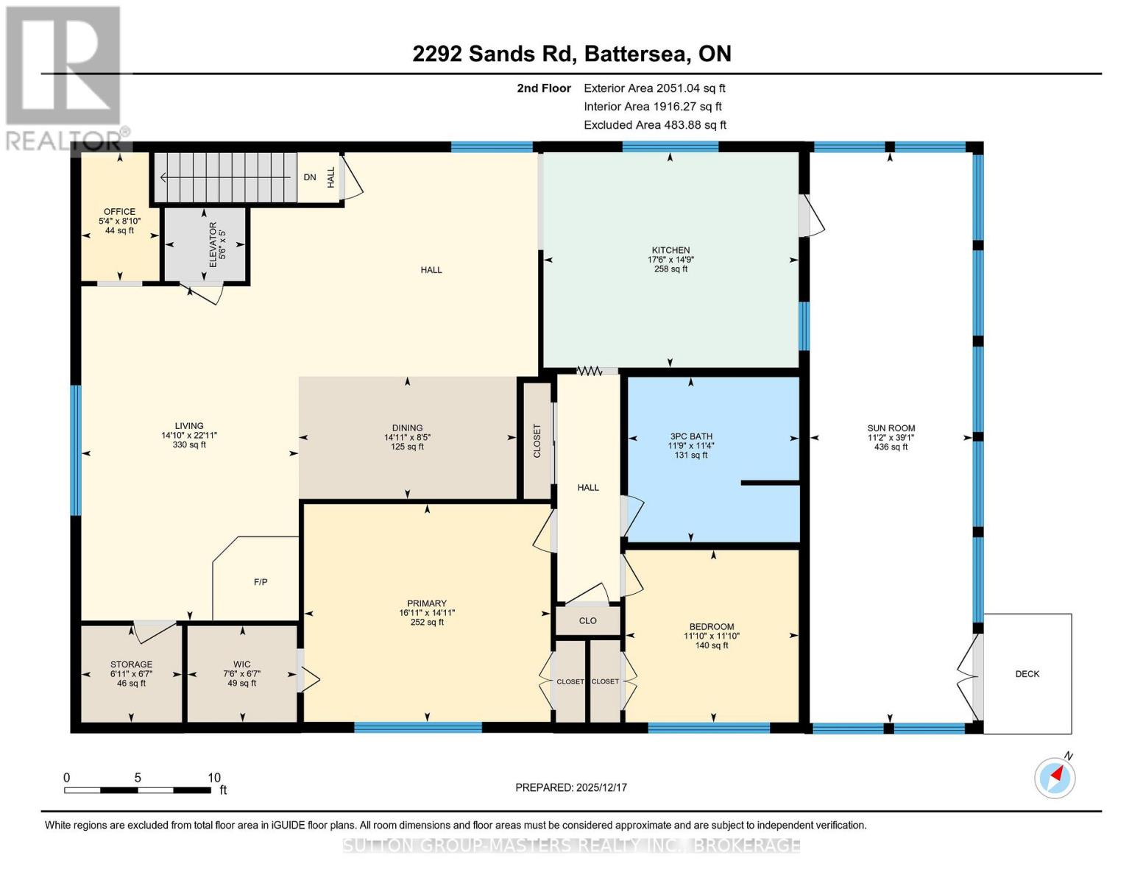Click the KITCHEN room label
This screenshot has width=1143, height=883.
coord(670,250)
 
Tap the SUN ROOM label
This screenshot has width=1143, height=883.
coord(891,428)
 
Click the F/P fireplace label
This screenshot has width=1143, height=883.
coord(261,582)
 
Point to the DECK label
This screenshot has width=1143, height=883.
coord(1027,674)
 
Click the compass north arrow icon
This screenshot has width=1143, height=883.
coord(1055,777)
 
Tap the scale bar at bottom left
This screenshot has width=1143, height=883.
coord(138,790)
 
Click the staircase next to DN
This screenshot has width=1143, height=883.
coord(224,177)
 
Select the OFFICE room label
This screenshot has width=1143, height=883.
coord(119,212)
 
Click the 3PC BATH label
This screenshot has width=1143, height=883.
coord(690,436)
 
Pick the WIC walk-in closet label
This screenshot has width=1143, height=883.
coord(241,664)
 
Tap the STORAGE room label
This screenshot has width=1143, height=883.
coord(131,664)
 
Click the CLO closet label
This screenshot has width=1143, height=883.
coord(587,621)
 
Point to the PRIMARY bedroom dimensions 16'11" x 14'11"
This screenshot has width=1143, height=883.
coord(427,613)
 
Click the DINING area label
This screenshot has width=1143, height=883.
coord(407,428)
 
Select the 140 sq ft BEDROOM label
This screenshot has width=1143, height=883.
coord(712,645)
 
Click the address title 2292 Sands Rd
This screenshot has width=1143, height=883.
coord(571,54)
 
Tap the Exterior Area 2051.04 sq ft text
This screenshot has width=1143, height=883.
coord(654,88)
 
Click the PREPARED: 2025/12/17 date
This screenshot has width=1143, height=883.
coord(570,787)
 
